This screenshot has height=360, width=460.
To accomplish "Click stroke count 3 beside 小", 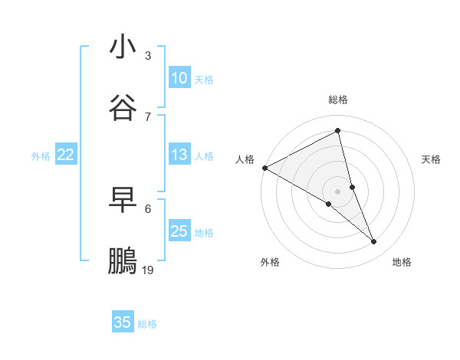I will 148,56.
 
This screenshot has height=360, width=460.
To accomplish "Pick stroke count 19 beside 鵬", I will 148,270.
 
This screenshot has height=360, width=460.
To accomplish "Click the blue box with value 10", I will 179,78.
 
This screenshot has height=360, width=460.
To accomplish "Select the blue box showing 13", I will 179,155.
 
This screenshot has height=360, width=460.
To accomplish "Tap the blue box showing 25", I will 179,231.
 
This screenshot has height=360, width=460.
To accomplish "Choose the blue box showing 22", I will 65,155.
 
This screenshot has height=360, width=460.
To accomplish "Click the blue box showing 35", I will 123,322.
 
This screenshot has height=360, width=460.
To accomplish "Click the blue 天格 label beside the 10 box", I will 204,79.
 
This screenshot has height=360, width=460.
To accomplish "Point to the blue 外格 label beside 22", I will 41,155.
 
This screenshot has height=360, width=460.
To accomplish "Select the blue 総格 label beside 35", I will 147,323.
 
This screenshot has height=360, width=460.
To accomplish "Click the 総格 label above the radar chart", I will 338,100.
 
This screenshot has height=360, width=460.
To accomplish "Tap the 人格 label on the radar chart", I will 245,159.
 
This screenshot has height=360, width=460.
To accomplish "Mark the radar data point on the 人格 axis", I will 264,168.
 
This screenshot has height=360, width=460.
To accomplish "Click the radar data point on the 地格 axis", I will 374,242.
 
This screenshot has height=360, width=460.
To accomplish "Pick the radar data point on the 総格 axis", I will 338,131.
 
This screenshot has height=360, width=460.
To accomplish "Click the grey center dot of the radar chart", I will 338,191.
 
